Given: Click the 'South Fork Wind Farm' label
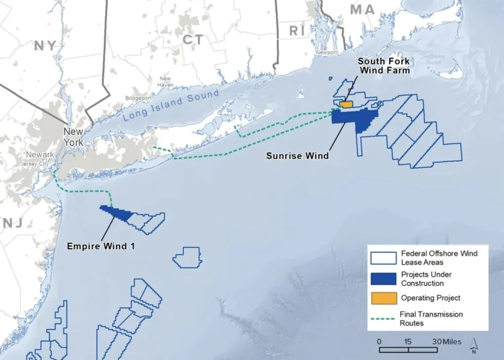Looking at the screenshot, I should click(x=383, y=65).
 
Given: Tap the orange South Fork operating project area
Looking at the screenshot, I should click(x=346, y=104).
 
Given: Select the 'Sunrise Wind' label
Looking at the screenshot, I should click(x=298, y=156).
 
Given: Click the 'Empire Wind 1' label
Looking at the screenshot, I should click(x=101, y=246).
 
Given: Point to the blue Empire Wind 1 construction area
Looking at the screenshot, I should click(x=118, y=212).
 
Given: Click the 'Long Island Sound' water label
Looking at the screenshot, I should click(x=171, y=105).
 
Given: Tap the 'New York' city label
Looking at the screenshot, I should click(x=73, y=137).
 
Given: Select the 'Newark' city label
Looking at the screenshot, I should click(x=40, y=155).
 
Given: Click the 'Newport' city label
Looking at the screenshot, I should click(x=326, y=53).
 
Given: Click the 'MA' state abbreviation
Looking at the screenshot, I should click(x=362, y=10).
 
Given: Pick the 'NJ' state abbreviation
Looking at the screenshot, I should click(x=13, y=223).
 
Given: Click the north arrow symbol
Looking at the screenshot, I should click(x=473, y=346).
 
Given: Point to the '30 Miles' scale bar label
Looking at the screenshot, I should click(x=446, y=341).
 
